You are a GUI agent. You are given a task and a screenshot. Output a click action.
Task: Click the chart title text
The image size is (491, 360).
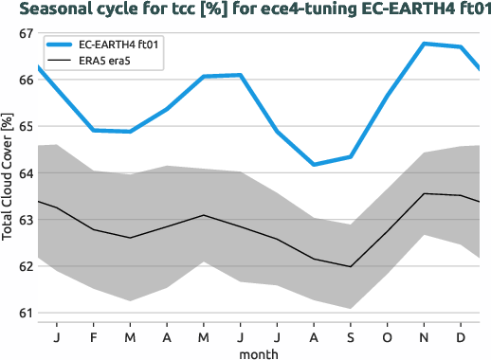(245, 10)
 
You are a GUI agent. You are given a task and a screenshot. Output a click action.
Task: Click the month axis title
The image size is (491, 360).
(259, 352)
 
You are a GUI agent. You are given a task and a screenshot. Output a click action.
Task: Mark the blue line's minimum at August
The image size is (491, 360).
(314, 164)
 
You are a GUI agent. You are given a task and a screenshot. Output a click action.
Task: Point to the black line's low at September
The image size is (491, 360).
(351, 266)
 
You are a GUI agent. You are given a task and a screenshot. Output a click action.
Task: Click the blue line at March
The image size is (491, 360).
(131, 132)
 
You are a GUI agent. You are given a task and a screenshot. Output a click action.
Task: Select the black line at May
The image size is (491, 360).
(204, 215)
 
